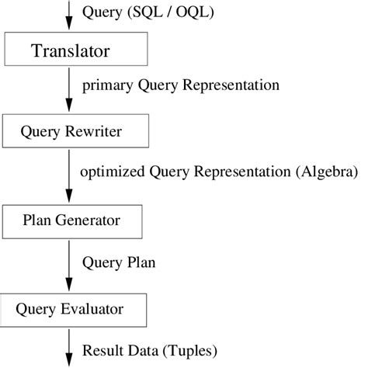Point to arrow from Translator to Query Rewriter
pyautogui.click(x=70, y=92)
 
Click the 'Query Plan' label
pyautogui.click(x=119, y=262)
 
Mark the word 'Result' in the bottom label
pyautogui.click(x=101, y=349)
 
